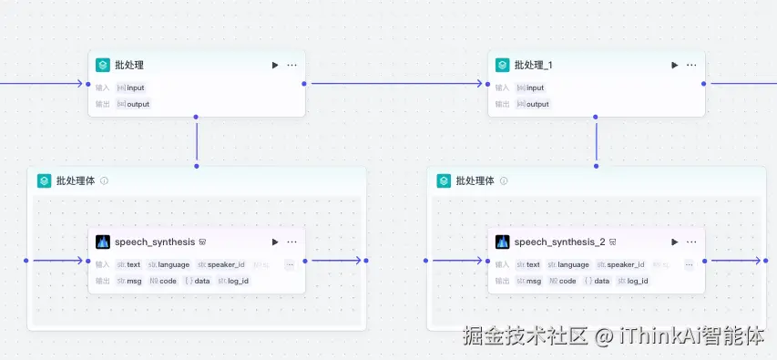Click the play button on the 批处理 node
[x=274, y=66]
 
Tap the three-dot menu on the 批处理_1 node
[x=691, y=66]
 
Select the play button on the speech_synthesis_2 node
[x=674, y=242]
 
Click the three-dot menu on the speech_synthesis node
[x=291, y=242]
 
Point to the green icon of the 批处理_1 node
[x=502, y=66]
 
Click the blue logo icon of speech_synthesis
[x=103, y=242]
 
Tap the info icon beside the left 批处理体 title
[x=105, y=181]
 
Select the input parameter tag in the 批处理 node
[x=130, y=87]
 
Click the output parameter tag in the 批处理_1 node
[x=532, y=104]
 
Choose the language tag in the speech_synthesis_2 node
[x=567, y=264]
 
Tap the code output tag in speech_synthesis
[x=163, y=281]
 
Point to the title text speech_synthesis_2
[x=559, y=242]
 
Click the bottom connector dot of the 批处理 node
[x=197, y=118]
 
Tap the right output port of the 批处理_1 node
[x=704, y=84]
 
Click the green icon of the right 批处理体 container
[x=444, y=181]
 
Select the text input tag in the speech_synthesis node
[x=128, y=264]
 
